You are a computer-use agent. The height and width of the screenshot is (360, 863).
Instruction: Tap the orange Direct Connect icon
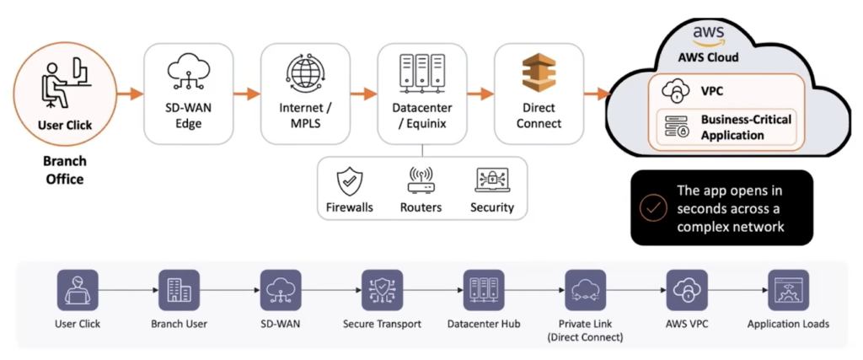click(x=539, y=74)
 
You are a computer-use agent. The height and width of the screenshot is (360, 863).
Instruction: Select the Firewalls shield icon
click(x=350, y=182)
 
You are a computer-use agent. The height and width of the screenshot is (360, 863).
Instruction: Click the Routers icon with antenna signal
click(x=421, y=180)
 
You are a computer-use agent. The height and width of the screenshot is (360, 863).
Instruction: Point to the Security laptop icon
click(x=492, y=180)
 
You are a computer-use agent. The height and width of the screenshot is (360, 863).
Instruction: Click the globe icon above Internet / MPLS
click(x=305, y=73)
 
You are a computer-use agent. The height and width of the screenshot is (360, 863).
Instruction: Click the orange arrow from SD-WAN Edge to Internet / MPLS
click(x=247, y=94)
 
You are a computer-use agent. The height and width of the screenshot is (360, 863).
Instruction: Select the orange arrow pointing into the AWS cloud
click(x=598, y=94)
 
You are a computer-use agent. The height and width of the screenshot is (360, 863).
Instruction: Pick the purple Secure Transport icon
click(x=382, y=290)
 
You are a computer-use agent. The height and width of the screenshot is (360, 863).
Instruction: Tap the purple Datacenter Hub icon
click(x=484, y=290)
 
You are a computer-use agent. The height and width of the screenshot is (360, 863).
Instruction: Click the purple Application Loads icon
click(x=789, y=290)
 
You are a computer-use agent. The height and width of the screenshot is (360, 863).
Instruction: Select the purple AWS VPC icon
click(x=687, y=290)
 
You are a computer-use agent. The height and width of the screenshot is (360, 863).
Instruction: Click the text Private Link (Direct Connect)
click(x=585, y=330)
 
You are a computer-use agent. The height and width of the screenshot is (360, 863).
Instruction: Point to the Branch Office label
click(x=64, y=170)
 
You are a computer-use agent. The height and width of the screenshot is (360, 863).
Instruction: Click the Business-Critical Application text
click(x=746, y=127)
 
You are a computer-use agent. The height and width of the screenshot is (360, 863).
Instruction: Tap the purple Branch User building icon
click(x=179, y=290)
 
